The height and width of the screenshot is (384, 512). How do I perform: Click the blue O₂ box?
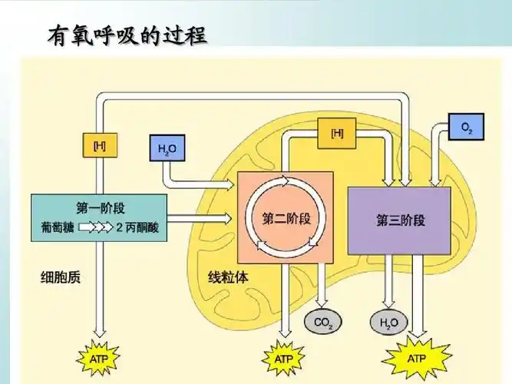tap(466, 127)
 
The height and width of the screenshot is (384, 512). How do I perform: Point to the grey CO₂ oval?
tap(322, 323)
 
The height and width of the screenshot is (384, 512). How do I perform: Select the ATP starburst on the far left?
tap(99, 358)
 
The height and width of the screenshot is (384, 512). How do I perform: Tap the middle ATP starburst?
tap(283, 358)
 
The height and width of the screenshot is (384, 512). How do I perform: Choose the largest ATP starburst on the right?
tap(417, 358)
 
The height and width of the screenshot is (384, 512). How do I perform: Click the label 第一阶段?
tap(99, 207)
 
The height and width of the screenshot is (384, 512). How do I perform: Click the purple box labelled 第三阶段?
tap(399, 220)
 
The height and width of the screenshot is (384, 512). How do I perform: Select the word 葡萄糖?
tap(58, 228)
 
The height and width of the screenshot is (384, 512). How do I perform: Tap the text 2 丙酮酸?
tap(137, 228)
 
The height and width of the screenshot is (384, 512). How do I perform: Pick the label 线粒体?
tap(228, 277)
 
